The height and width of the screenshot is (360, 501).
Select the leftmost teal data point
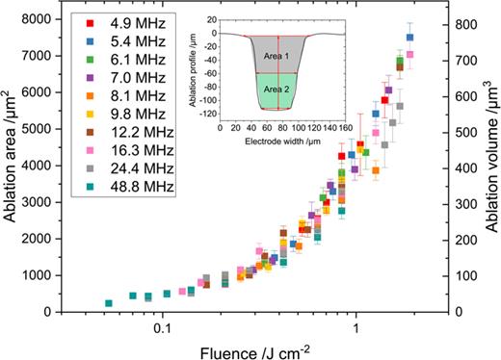pos(109,303)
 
